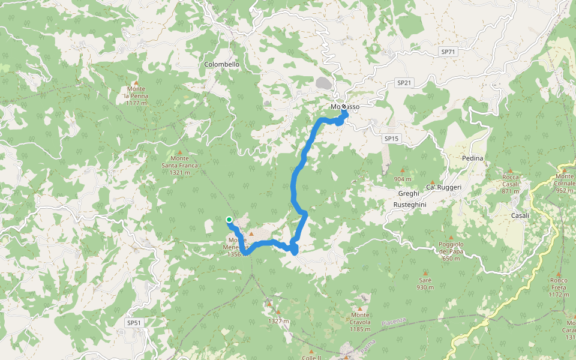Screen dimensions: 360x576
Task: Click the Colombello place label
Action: pyautogui.click(x=221, y=64)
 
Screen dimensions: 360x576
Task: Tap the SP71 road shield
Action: pyautogui.click(x=449, y=52)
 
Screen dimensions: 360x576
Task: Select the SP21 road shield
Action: pyautogui.click(x=404, y=82)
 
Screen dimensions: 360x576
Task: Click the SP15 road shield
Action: pyautogui.click(x=391, y=139)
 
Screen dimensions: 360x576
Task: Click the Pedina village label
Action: pyautogui.click(x=473, y=158)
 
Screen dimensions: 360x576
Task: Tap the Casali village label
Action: pyautogui.click(x=520, y=215)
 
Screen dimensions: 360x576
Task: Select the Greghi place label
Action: pyautogui.click(x=409, y=193)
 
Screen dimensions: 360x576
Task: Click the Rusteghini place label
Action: pyautogui.click(x=409, y=205)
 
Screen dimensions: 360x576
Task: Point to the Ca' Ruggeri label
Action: pyautogui.click(x=444, y=187)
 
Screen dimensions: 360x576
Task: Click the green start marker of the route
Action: pyautogui.click(x=229, y=220)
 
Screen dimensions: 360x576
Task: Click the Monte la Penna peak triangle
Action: pyautogui.click(x=136, y=83)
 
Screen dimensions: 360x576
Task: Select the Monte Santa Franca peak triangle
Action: pyautogui.click(x=179, y=152)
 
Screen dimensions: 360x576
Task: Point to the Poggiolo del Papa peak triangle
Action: pyautogui.click(x=451, y=237)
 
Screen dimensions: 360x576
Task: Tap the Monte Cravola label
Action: pyautogui.click(x=360, y=319)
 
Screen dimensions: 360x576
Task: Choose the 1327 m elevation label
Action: pyautogui.click(x=278, y=321)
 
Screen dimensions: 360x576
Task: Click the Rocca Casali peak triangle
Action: pyautogui.click(x=511, y=171)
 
